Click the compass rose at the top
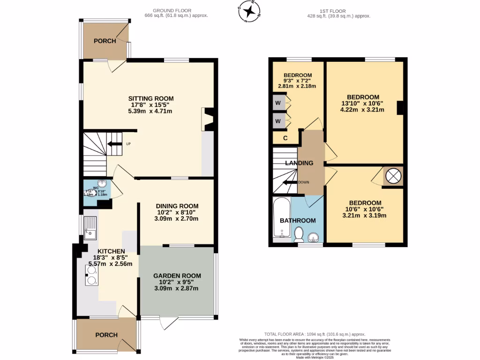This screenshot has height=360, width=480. [250, 12]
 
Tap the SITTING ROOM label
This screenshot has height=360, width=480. [151, 98]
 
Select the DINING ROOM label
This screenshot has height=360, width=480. [171, 206]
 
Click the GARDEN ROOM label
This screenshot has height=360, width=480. [177, 276]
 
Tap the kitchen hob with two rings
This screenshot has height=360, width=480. [91, 276]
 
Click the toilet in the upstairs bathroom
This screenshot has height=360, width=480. [299, 233]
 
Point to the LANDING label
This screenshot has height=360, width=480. [299, 163]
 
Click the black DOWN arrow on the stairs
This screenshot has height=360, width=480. [291, 183]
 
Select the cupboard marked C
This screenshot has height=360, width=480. [285, 138]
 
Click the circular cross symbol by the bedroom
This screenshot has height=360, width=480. [393, 176]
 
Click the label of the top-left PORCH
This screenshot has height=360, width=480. [105, 41]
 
